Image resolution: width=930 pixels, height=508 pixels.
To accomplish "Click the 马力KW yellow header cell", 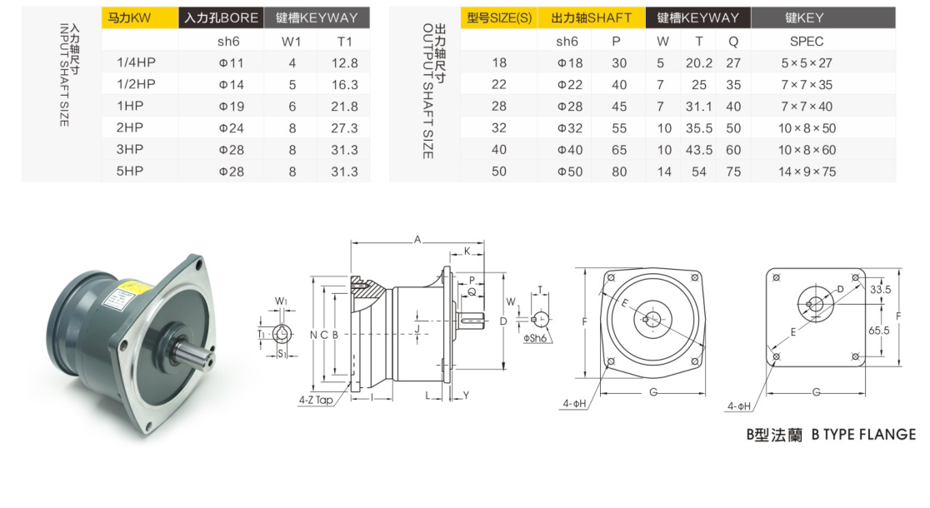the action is pyautogui.click(x=140, y=17).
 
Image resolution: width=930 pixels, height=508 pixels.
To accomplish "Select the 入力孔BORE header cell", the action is pyautogui.click(x=221, y=17).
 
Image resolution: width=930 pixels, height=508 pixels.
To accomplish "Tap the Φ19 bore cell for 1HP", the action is pyautogui.click(x=232, y=107).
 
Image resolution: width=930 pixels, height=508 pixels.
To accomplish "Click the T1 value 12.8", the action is pyautogui.click(x=345, y=63).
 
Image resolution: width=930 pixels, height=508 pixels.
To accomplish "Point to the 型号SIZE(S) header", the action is pyautogui.click(x=499, y=17).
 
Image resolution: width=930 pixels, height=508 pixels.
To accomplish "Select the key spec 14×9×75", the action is pyautogui.click(x=807, y=172).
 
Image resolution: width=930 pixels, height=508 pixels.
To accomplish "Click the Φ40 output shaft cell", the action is pyautogui.click(x=570, y=150).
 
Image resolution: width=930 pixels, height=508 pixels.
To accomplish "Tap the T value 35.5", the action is pyautogui.click(x=699, y=128).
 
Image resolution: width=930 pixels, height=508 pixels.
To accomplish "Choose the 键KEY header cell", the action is pyautogui.click(x=823, y=17).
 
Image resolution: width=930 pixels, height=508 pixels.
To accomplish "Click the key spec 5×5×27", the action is pyautogui.click(x=807, y=63).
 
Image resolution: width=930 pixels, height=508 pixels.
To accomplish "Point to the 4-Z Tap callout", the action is pyautogui.click(x=316, y=400).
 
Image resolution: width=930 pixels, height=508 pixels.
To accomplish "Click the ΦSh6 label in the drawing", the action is pyautogui.click(x=534, y=338).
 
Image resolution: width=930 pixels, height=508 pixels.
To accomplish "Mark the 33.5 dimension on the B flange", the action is pyautogui.click(x=880, y=290).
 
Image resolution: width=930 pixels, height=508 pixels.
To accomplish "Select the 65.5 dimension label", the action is pyautogui.click(x=879, y=331).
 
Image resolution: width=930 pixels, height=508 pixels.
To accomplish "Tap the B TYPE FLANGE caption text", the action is pyautogui.click(x=863, y=435).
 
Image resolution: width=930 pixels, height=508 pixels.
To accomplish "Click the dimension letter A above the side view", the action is pyautogui.click(x=417, y=240).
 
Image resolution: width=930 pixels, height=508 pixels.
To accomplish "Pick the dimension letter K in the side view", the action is pyautogui.click(x=467, y=252).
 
